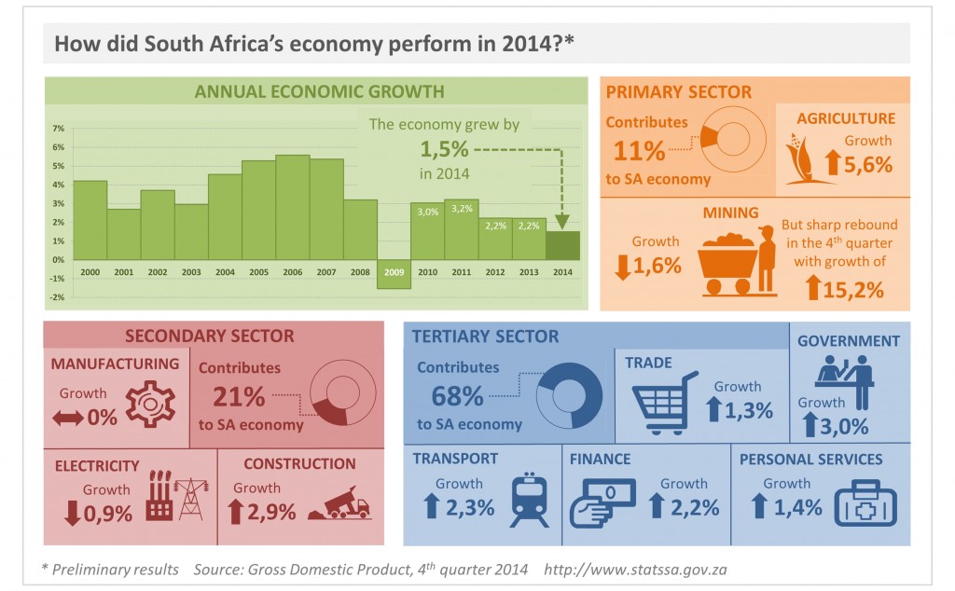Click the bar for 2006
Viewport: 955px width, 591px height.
click(293, 207)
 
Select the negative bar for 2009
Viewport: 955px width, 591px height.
click(394, 275)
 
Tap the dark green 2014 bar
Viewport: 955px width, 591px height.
click(562, 245)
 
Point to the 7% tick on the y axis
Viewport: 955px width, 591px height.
click(58, 129)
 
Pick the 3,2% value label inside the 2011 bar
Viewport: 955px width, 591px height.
click(461, 210)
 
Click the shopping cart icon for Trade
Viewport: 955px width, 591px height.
click(665, 403)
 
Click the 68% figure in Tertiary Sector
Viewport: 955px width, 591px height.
click(457, 395)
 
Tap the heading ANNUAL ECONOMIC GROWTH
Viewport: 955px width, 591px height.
click(318, 91)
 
